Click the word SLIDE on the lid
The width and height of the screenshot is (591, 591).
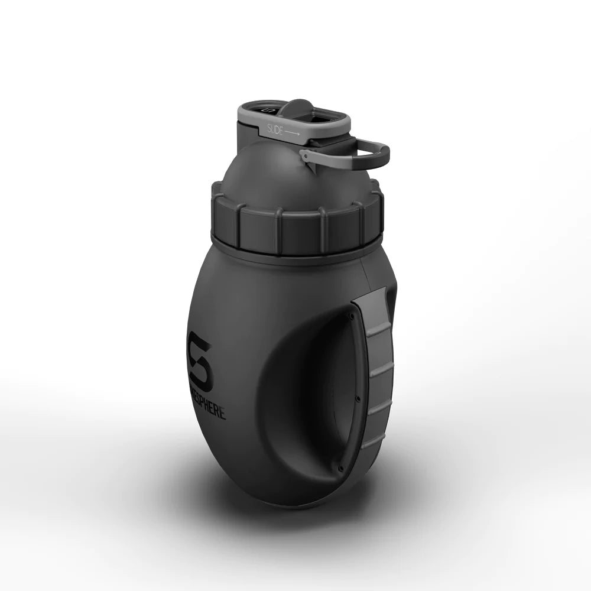[x=275, y=128]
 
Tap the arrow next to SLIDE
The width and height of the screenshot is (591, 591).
[x=293, y=134]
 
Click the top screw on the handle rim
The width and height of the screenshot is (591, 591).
[x=351, y=316]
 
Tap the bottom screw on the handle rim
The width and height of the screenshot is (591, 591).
[x=341, y=469]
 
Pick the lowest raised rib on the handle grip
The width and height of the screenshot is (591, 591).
[x=372, y=440]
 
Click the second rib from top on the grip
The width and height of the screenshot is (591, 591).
[x=382, y=369]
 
